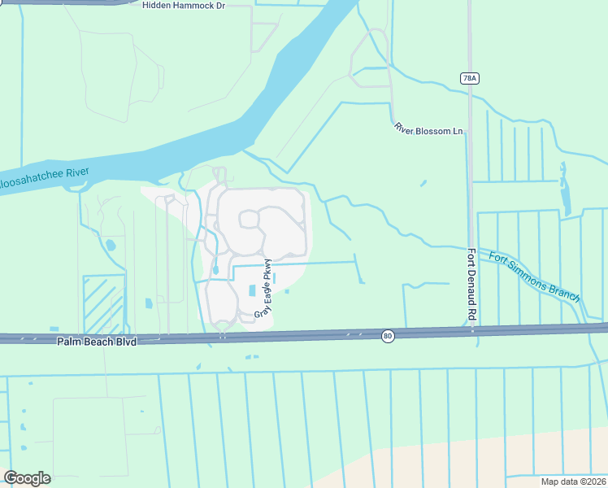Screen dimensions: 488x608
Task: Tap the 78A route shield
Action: point(469,78)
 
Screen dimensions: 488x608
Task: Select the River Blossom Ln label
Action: point(428,129)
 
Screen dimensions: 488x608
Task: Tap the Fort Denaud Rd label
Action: point(471,283)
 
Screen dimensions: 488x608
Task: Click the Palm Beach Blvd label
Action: point(95,342)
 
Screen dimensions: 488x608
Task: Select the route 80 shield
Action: point(389,335)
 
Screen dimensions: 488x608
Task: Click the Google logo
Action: point(27,478)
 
